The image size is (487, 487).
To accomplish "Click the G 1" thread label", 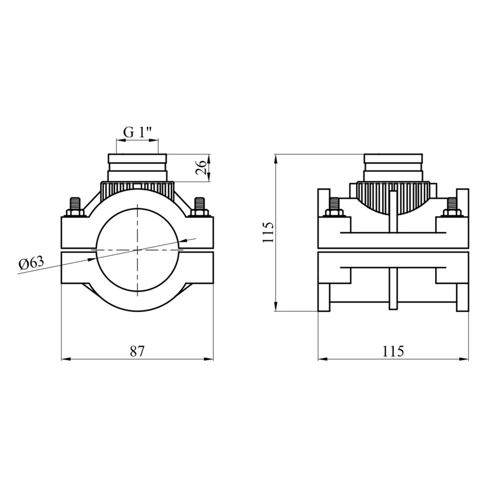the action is (x=137, y=132).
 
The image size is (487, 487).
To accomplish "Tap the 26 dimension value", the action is (x=201, y=168).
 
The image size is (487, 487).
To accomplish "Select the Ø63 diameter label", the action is (x=31, y=264).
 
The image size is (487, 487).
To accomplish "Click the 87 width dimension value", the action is (x=137, y=351).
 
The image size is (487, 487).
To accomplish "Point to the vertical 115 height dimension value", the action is (x=268, y=233).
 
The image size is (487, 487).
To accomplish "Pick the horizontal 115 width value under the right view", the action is (x=393, y=351).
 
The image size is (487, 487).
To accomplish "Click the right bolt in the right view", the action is (x=452, y=207).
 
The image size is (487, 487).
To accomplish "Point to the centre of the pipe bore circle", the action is (x=137, y=249).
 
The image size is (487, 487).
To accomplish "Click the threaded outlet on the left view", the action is (x=137, y=168).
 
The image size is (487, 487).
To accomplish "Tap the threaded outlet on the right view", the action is (x=393, y=168).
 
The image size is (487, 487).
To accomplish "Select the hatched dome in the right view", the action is (x=393, y=198).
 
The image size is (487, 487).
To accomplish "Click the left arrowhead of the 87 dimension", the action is (x=65, y=359).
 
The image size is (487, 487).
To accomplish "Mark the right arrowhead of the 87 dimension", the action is (x=209, y=359).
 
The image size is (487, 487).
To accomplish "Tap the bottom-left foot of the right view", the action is (x=324, y=297).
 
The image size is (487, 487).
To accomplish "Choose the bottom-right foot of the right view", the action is (x=462, y=297).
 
